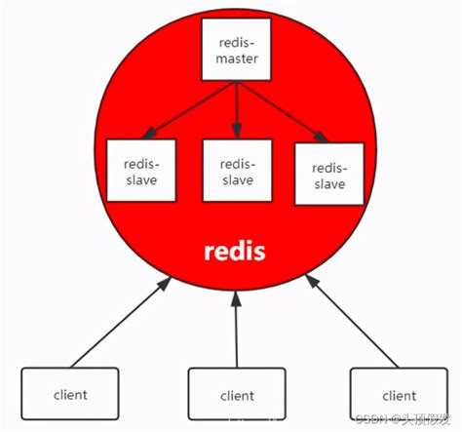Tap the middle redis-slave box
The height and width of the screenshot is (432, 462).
click(x=236, y=171)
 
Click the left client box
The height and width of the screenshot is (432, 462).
click(x=70, y=395)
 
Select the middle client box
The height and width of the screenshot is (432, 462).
click(x=237, y=395)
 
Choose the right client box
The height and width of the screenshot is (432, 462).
click(x=399, y=395)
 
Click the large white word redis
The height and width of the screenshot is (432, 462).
click(x=235, y=251)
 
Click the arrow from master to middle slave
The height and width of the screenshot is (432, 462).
click(x=236, y=109)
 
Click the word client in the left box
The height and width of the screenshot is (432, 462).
click(x=70, y=395)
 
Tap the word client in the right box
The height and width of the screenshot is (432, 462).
click(x=399, y=395)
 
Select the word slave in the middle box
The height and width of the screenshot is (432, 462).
click(x=235, y=179)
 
